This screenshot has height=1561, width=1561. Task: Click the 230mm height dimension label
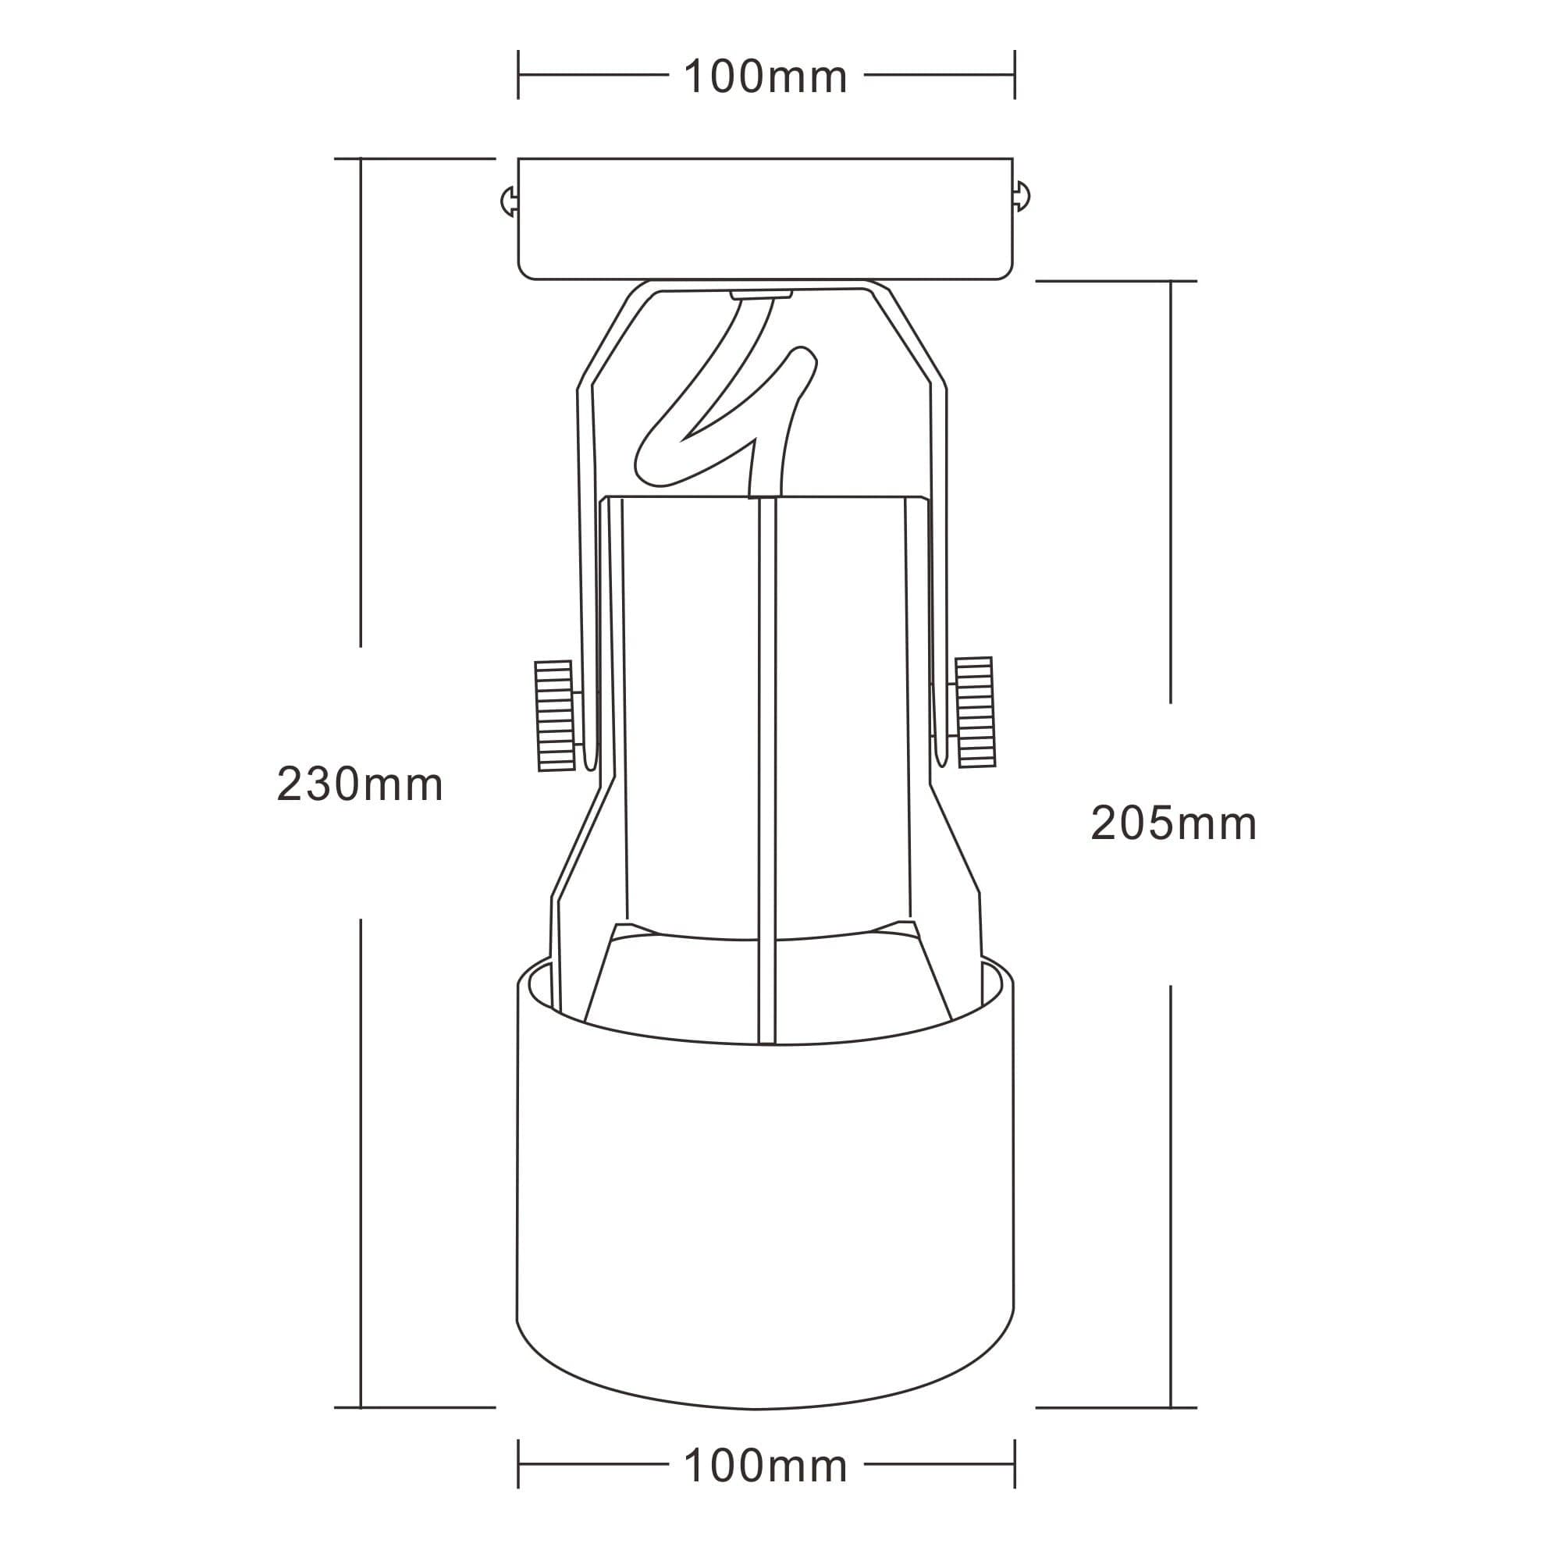(x=360, y=784)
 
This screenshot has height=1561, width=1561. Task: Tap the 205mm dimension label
(x=1173, y=824)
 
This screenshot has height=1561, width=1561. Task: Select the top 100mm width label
(x=765, y=76)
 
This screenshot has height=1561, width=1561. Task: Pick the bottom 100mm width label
(x=765, y=1466)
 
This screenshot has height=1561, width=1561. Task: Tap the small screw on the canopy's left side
(x=509, y=201)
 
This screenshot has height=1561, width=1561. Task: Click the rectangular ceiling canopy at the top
(x=765, y=219)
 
